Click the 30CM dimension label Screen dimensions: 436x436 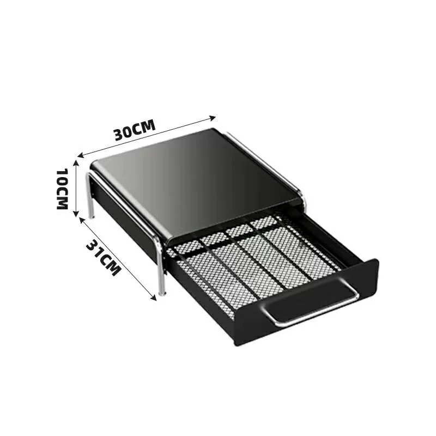coord(135,130)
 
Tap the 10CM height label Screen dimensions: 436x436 coord(62,189)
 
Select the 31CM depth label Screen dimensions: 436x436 coord(104,257)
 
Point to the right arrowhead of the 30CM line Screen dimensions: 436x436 coord(213,118)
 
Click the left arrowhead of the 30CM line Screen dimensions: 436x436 coord(81,155)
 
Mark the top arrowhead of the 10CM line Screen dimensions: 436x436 coord(76,163)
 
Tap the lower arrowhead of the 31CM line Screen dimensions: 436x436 coord(154,297)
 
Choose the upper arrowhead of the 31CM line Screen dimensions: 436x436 coord(82,220)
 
